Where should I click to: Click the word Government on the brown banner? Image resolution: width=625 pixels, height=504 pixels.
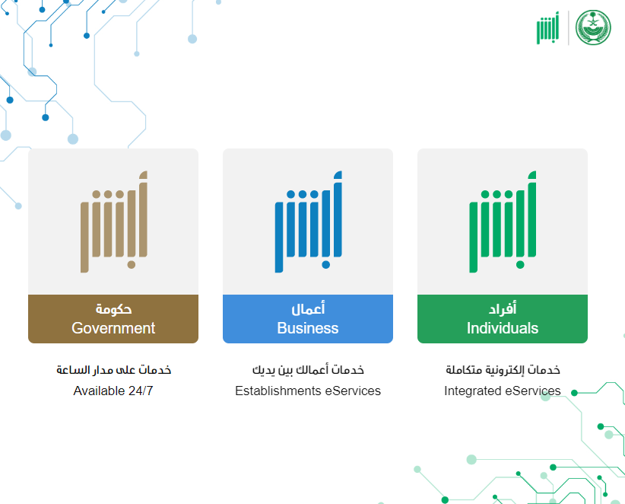[x=113, y=328]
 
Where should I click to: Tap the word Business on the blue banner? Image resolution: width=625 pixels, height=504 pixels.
[x=308, y=328]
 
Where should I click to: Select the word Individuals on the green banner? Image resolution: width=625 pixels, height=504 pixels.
[x=503, y=328]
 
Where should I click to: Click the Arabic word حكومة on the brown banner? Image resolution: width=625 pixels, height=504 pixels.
[x=113, y=309]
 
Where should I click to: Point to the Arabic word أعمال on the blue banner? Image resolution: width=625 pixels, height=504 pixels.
[x=308, y=308]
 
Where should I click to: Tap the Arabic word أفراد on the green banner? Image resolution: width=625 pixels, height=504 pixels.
[x=503, y=308]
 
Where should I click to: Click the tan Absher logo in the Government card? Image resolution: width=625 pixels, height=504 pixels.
[x=114, y=222]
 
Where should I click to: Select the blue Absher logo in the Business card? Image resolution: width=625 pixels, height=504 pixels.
[x=309, y=222]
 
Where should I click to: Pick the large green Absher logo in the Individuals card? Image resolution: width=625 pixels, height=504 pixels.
[x=503, y=222]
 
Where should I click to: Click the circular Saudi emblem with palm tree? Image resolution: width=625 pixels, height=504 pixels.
[x=593, y=27]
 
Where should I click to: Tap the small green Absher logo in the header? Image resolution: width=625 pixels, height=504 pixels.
[x=547, y=27]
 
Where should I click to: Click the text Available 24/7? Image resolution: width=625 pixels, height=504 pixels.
[x=113, y=391]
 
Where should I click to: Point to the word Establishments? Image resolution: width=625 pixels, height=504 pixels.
[x=278, y=391]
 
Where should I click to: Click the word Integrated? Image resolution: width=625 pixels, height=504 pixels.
[x=473, y=391]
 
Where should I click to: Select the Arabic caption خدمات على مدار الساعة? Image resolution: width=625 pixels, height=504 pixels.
[x=113, y=370]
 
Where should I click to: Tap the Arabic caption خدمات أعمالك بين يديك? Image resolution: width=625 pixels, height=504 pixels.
[x=308, y=370]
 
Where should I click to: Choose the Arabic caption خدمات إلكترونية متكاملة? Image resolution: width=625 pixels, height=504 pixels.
[x=503, y=370]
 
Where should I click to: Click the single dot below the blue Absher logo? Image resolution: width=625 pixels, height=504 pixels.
[x=325, y=265]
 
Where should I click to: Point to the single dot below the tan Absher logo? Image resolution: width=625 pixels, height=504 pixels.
[x=131, y=265]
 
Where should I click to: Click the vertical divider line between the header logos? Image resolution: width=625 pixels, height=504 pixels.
[x=568, y=27]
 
